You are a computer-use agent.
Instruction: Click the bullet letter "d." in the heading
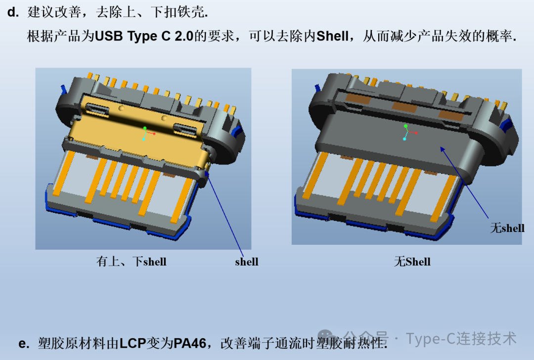point(13,12)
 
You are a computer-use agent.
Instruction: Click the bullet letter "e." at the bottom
point(24,343)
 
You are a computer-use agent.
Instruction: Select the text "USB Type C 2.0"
point(144,36)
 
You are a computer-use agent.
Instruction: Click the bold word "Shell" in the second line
point(332,36)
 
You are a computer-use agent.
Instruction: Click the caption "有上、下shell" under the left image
point(131,261)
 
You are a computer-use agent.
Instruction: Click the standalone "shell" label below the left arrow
point(247,262)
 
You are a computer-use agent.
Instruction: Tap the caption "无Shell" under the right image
point(412,261)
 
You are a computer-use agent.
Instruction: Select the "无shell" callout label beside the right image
point(507,227)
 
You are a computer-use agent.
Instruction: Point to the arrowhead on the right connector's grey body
point(443,149)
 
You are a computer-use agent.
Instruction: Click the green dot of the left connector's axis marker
point(145,128)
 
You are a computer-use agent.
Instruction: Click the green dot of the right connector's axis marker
point(405,126)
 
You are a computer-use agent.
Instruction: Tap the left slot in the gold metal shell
point(97,110)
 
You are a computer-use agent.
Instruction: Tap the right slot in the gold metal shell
point(185,130)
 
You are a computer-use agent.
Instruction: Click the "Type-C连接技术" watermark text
point(461,339)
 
